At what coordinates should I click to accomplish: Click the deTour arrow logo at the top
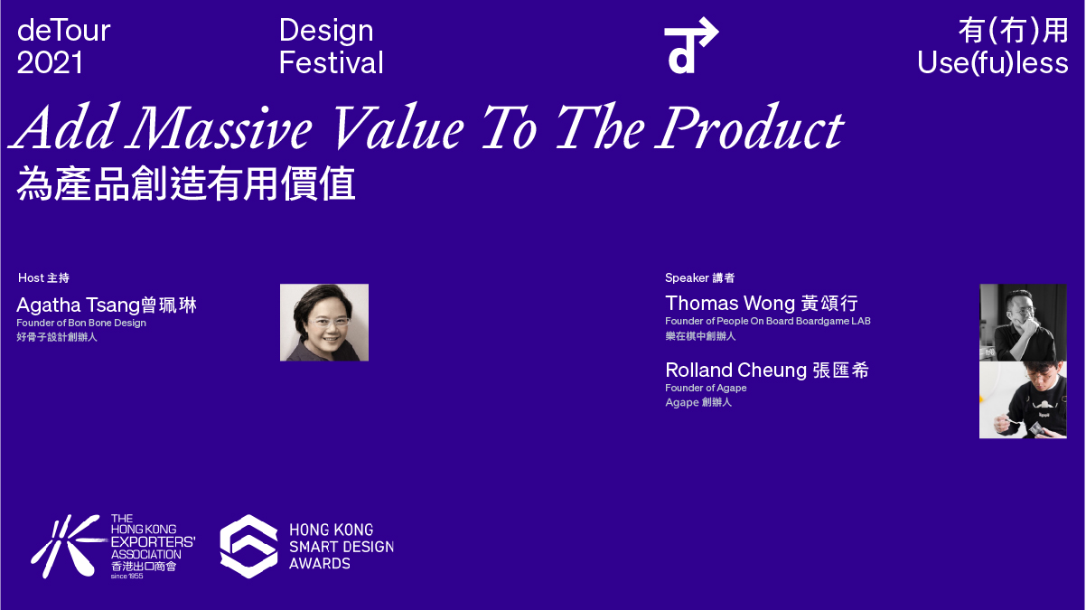(691, 45)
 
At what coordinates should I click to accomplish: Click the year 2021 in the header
(50, 63)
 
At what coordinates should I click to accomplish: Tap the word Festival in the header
(332, 63)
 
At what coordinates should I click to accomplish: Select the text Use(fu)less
(992, 63)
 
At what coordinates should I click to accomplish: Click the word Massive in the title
(220, 127)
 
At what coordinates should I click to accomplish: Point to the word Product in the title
(750, 127)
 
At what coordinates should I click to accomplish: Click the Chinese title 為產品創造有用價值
(186, 183)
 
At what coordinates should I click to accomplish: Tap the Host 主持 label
(43, 277)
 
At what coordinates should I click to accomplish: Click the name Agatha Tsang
(79, 305)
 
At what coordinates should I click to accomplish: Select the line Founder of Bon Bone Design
(81, 323)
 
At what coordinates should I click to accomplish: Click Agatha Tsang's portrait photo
(324, 323)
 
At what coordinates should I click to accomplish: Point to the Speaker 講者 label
(699, 277)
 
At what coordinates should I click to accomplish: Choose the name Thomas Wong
(730, 304)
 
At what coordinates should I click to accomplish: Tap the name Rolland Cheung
(736, 371)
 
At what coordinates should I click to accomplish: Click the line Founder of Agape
(706, 388)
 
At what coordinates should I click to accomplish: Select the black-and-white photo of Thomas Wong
(1023, 323)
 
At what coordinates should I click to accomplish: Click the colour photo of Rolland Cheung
(1023, 399)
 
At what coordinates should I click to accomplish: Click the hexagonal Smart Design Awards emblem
(248, 547)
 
